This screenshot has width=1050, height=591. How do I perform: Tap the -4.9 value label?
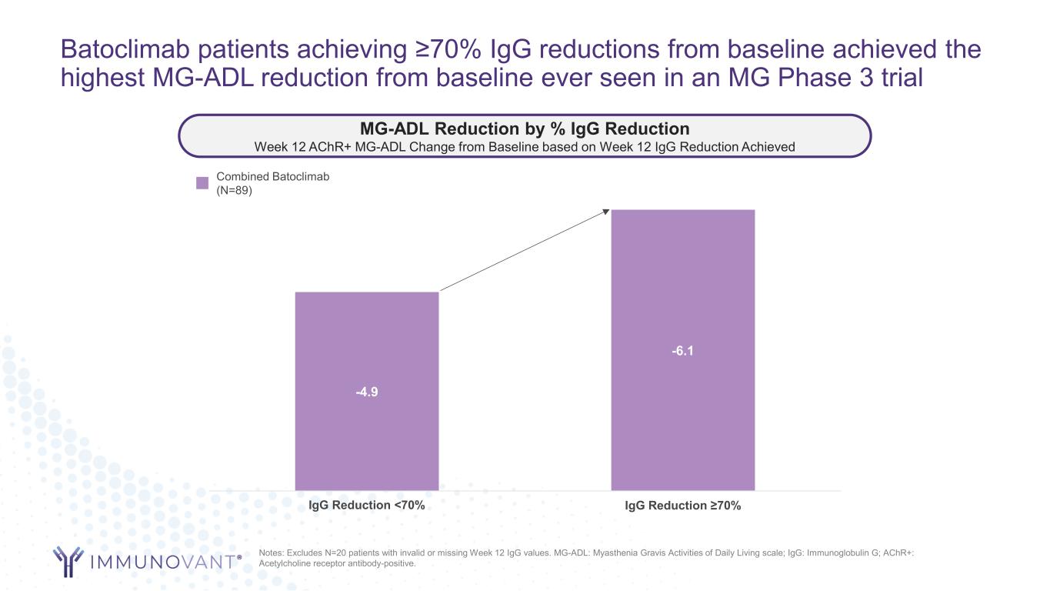[x=367, y=392]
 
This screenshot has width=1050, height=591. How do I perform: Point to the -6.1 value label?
[x=682, y=351]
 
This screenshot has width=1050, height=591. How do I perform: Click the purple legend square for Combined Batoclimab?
[x=202, y=183]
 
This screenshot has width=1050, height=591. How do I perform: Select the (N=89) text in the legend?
[x=235, y=190]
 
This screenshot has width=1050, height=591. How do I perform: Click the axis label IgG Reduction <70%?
[x=367, y=505]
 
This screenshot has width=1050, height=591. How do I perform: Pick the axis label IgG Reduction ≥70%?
[x=683, y=506]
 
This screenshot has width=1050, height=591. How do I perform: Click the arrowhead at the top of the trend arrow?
[x=606, y=212]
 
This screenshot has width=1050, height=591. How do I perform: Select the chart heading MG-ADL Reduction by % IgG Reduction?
[x=525, y=129]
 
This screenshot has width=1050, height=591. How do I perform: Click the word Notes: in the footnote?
[x=273, y=553]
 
